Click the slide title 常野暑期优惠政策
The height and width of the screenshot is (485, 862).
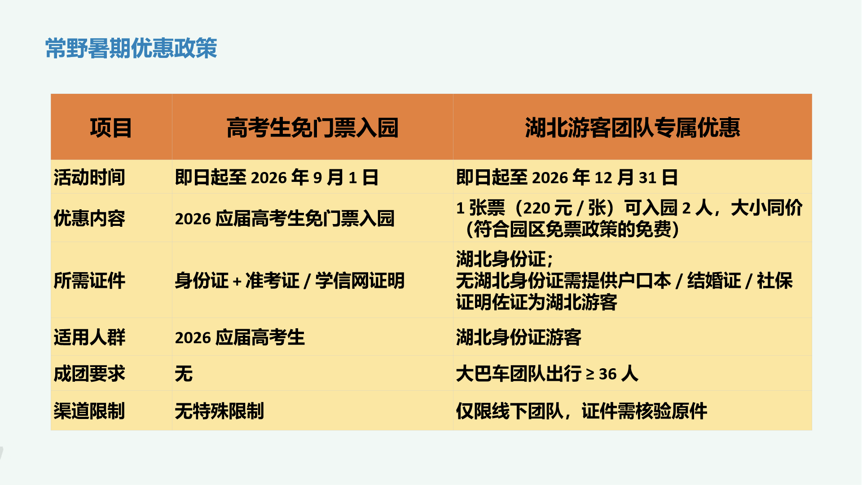point(131,48)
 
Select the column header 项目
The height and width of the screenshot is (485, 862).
point(111,128)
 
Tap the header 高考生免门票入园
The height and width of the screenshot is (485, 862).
point(312,128)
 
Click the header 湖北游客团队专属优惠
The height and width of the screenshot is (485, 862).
point(633,128)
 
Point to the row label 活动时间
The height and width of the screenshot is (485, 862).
point(89,177)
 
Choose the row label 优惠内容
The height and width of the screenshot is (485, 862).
point(89,218)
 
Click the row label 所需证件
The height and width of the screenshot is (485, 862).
point(89,281)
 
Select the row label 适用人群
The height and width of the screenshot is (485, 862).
point(89,337)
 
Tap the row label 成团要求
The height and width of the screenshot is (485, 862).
point(89,374)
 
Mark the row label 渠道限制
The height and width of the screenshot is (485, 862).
point(89,411)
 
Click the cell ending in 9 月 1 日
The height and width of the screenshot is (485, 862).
point(277,177)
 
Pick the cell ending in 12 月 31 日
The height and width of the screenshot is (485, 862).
point(567,177)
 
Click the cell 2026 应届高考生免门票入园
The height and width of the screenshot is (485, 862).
point(285,219)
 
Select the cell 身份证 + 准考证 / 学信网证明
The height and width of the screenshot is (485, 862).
point(290,281)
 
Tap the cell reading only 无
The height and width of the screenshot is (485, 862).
point(184,374)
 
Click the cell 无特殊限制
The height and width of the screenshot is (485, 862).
point(220,411)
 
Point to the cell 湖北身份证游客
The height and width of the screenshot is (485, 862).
point(519,337)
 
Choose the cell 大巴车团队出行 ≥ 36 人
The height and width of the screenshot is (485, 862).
point(547,374)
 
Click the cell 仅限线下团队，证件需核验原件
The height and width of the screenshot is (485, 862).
point(581,411)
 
